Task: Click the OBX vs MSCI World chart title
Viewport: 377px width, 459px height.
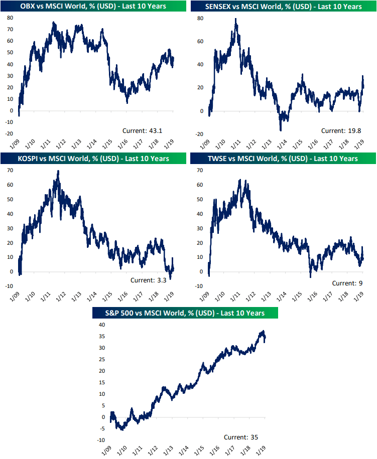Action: click(92, 7)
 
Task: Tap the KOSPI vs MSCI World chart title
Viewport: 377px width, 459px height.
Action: click(92, 159)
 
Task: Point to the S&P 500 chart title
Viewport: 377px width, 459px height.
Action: click(185, 313)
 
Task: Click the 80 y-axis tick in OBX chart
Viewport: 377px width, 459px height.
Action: click(9, 18)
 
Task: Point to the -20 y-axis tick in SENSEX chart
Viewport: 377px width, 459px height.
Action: click(199, 134)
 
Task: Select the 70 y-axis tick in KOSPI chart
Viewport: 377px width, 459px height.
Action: click(9, 171)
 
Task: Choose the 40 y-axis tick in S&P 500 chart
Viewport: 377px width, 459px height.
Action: click(102, 325)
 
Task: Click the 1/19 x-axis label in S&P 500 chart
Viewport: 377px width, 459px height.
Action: click(262, 449)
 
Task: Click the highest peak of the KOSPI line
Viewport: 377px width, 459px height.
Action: click(58, 171)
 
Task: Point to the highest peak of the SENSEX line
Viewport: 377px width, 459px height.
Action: click(235, 19)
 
